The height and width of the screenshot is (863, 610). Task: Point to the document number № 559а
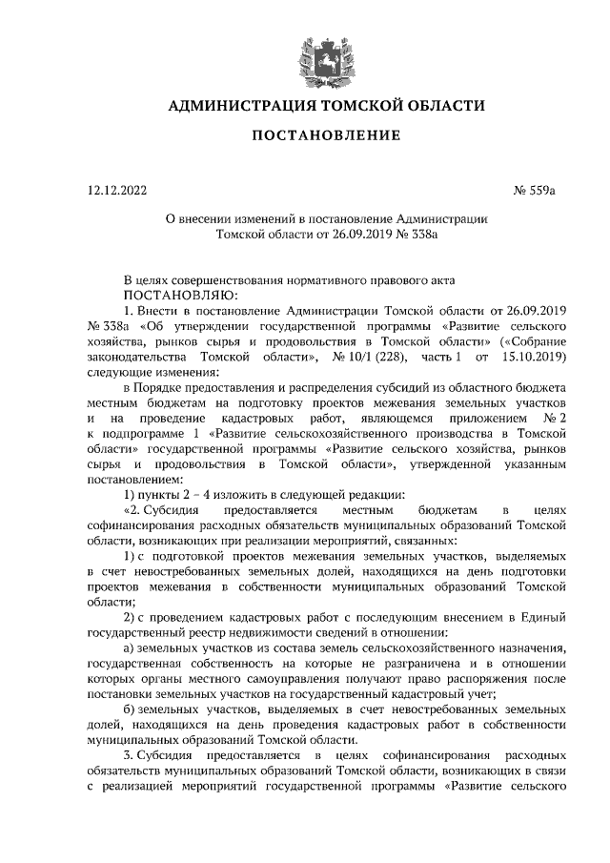pos(534,190)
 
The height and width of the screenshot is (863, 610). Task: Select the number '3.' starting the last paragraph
pos(131,756)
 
